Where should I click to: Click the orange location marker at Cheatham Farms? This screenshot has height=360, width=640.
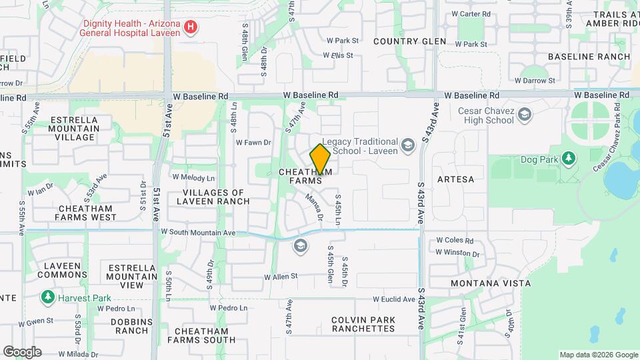point(321,159)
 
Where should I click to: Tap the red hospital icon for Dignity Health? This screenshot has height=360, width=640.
point(191,27)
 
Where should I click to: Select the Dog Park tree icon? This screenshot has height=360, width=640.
point(568,159)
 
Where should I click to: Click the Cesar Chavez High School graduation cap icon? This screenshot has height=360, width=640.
point(525,115)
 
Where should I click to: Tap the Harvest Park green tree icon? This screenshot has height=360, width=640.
point(48,297)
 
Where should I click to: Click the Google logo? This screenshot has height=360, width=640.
point(22,352)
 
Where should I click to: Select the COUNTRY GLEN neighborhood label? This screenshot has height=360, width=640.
point(409,41)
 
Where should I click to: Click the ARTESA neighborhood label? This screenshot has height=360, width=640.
point(456,179)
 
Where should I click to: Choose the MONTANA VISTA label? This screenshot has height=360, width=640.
point(490,283)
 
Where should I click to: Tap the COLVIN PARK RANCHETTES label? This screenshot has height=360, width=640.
point(363,324)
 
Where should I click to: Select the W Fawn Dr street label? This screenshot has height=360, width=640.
point(253,142)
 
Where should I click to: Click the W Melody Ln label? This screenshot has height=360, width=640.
point(193,177)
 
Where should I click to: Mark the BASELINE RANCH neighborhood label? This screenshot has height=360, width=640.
point(589,57)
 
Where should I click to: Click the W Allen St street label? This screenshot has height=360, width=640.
point(281,277)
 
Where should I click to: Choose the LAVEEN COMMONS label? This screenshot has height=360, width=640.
point(62,270)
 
